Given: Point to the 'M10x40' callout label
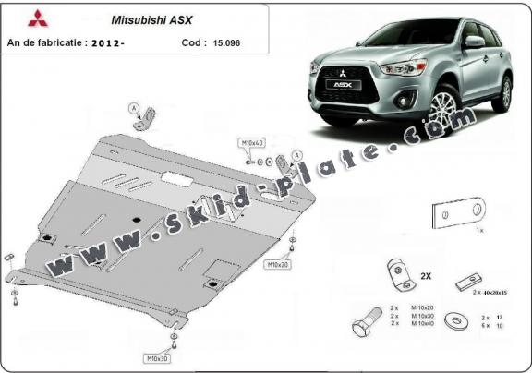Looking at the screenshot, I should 253,144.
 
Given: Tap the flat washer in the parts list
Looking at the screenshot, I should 453,323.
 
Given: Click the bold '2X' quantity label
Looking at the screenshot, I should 426,276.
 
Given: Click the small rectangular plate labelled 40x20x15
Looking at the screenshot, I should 473,279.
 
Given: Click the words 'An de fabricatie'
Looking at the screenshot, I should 47,42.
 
